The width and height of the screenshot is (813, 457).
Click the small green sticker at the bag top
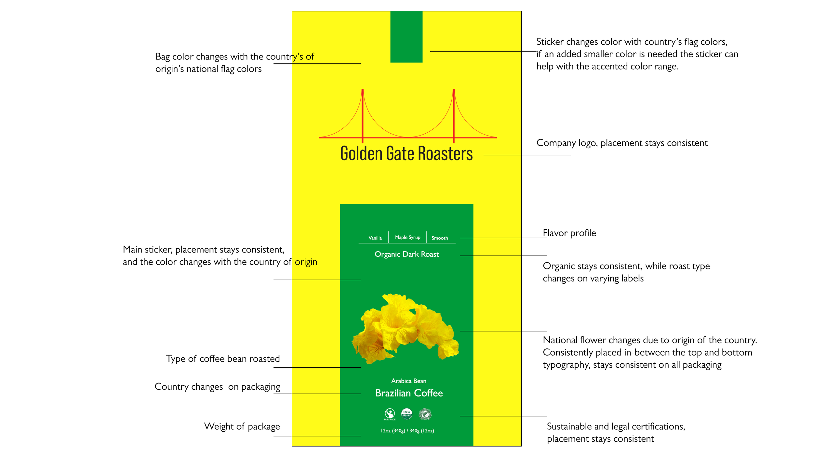pos(406,37)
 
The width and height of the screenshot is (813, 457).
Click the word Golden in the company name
pos(361,153)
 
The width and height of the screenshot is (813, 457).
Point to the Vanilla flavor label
pos(375,238)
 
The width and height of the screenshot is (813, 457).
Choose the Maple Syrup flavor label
pos(407,237)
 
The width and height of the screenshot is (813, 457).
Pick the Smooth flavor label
pos(440,238)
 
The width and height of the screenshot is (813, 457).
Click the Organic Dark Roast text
pos(406,254)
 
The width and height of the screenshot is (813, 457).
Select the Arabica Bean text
pos(408,381)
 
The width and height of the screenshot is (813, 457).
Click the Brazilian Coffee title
pos(409,393)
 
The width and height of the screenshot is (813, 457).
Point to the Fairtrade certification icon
pos(390,414)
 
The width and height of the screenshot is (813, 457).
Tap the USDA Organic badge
pos(406,413)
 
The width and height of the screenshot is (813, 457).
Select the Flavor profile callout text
pos(569,233)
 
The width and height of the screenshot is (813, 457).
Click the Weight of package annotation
pos(242,426)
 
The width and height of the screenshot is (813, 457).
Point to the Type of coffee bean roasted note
pos(223,359)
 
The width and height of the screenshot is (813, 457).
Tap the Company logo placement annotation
pos(622,143)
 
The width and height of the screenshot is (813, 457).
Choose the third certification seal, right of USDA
pos(425,414)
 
